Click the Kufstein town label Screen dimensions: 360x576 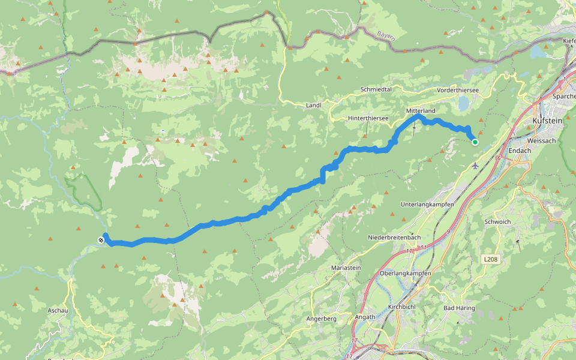547,121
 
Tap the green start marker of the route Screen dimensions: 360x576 475,142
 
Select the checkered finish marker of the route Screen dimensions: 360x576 101,241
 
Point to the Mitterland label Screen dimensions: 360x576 420,111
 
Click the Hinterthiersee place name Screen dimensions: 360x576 368,118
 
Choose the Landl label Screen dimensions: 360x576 314,105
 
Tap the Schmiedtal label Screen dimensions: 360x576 376,89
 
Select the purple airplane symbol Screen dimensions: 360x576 475,165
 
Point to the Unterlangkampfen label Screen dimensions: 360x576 427,205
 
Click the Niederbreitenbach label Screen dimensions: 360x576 394,238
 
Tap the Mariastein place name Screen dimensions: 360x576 347,268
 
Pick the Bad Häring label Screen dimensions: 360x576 459,308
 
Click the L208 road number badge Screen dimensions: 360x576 490,259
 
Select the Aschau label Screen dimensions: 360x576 58,310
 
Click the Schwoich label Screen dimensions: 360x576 497,221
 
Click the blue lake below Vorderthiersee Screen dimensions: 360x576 463,104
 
